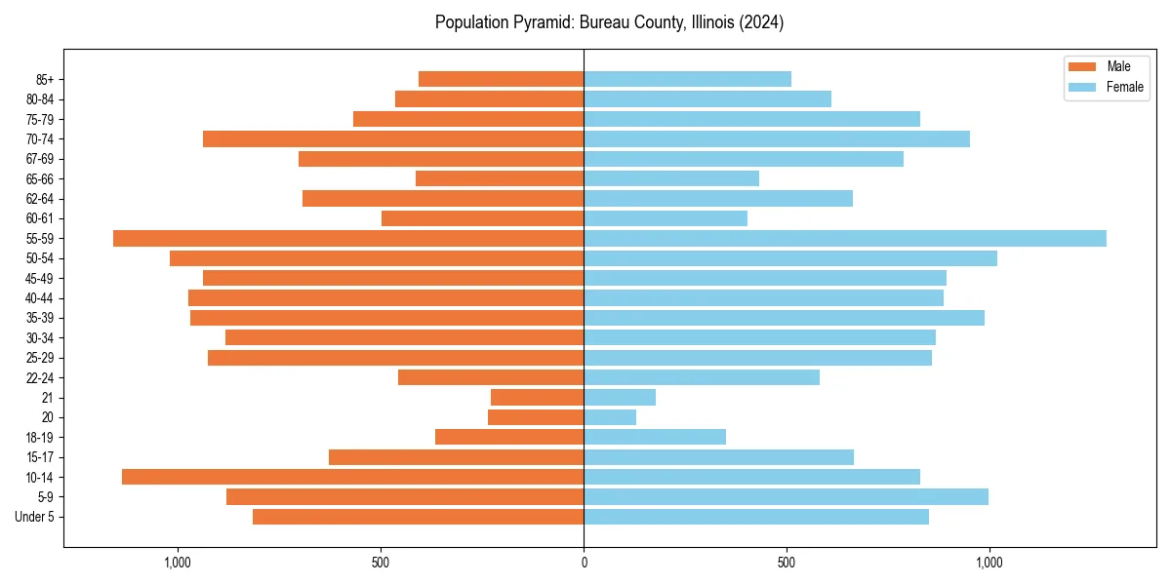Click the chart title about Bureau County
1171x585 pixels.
click(609, 22)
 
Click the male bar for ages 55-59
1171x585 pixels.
click(348, 239)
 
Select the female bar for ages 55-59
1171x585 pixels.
click(845, 239)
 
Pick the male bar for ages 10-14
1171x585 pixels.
click(352, 477)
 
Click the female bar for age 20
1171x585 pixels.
click(610, 417)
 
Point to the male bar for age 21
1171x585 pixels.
click(537, 398)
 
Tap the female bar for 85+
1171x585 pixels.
click(687, 79)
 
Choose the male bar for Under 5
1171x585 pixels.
click(418, 517)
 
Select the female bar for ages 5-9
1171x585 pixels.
click(786, 497)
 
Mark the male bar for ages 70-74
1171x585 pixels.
click(393, 139)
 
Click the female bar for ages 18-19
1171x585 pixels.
click(655, 437)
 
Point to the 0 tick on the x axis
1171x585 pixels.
click(584, 563)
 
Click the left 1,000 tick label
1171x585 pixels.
click(178, 563)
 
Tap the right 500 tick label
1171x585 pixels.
click(787, 563)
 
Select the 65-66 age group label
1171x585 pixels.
click(40, 178)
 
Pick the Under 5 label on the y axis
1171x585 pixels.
click(35, 517)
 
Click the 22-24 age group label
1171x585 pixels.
click(40, 377)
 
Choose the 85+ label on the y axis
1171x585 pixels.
click(45, 79)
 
